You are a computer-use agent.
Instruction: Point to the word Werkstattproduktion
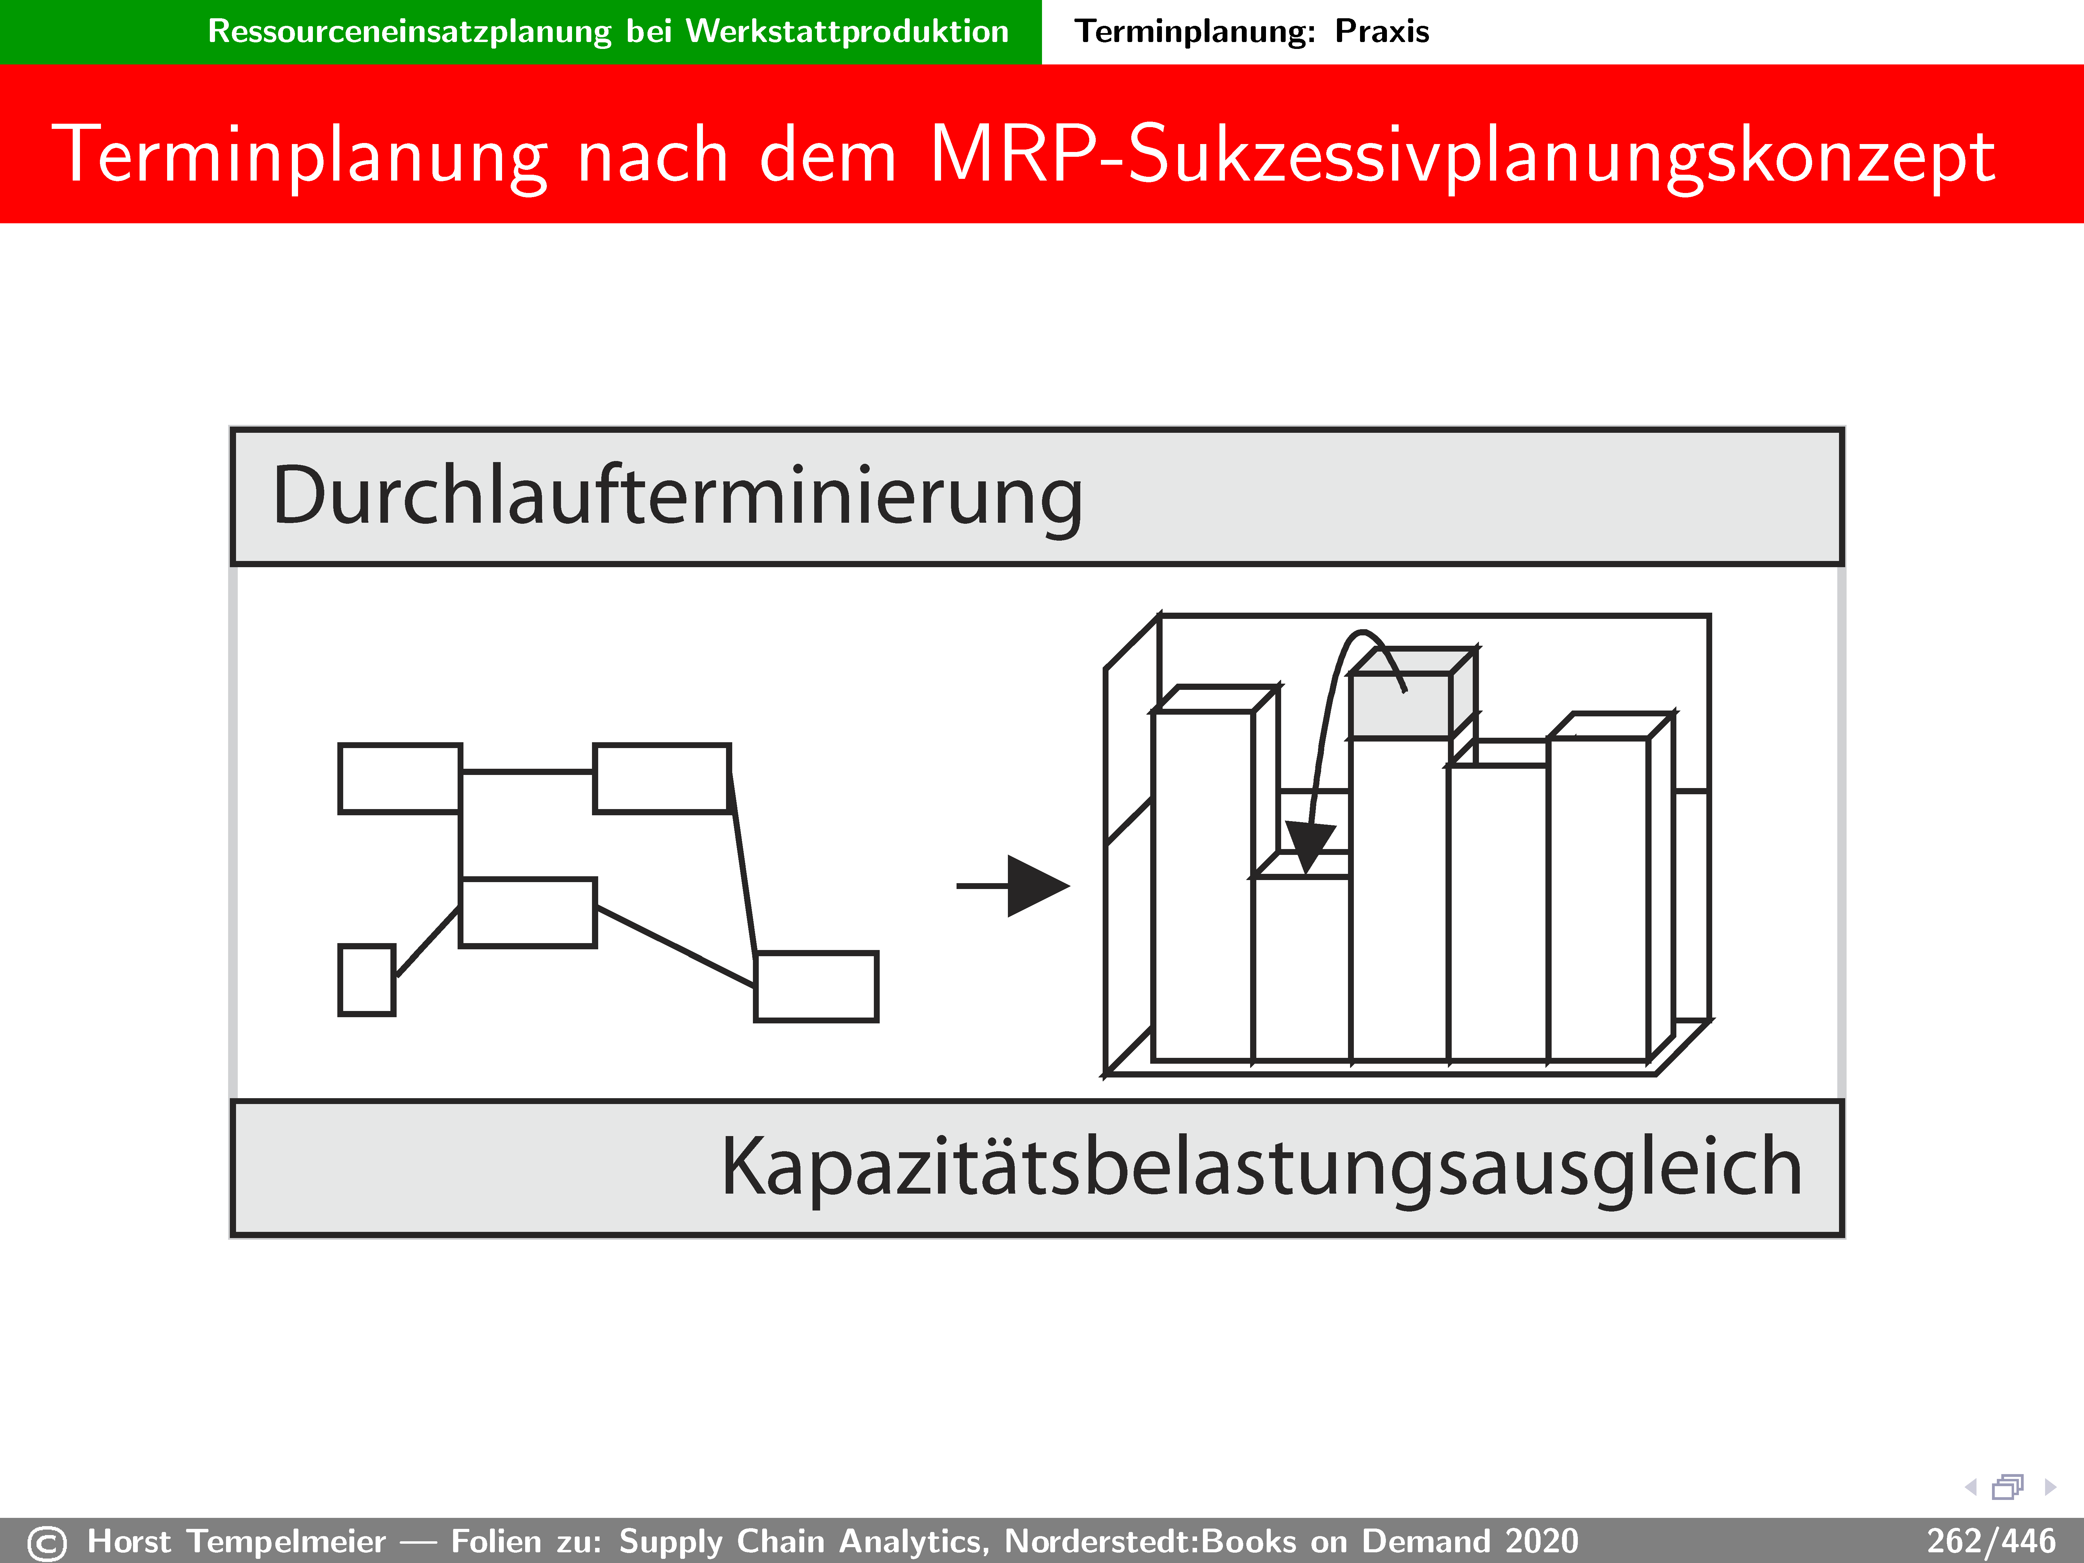pos(847,31)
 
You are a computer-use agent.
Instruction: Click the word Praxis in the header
pos(1382,31)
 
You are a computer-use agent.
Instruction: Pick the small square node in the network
pos(367,980)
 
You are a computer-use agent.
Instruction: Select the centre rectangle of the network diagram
pos(528,912)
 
